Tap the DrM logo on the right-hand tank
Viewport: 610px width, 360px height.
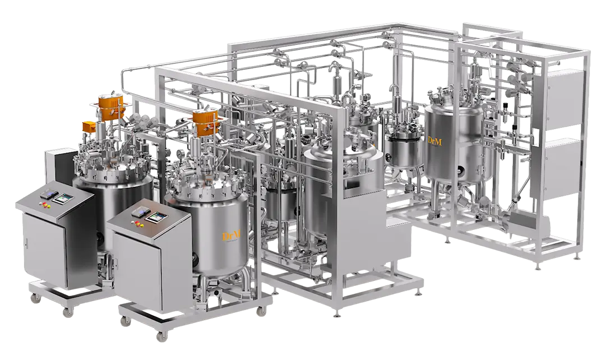pos(434,140)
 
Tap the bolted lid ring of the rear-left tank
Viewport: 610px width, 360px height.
pos(112,174)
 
